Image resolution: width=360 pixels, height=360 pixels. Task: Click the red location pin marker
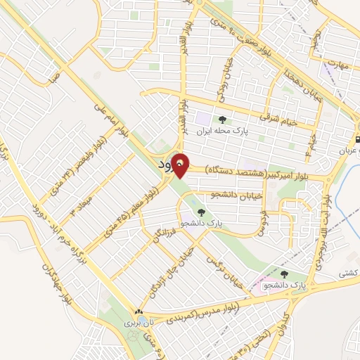pos(181,165)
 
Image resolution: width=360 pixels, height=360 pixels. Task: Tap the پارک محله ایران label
pos(223,131)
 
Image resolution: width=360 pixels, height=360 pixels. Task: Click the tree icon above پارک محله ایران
pos(223,120)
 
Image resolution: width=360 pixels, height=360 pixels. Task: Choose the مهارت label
pos(340,63)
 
